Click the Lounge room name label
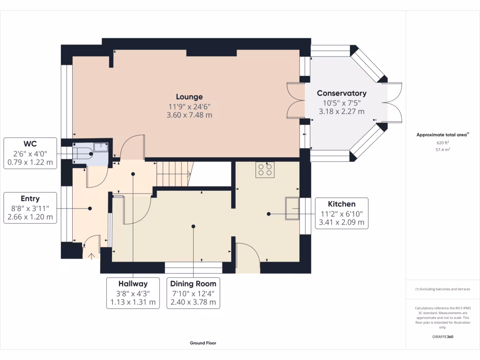coord(189,97)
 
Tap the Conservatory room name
coord(342,93)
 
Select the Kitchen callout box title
coord(342,204)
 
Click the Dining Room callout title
coord(193,284)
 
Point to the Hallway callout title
coord(133,284)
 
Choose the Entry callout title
coord(30,199)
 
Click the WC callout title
coord(30,144)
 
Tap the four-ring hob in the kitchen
coord(265,170)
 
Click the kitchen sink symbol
coord(292,209)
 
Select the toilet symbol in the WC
coord(83,153)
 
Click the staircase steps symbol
coord(174,174)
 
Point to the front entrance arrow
coord(91,256)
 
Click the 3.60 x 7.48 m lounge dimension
coord(189,115)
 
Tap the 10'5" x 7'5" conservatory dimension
coord(342,103)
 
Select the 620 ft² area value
coord(442,142)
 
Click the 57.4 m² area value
coord(442,150)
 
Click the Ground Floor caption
coord(203,343)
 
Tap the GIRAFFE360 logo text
coord(442,337)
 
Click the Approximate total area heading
coord(442,135)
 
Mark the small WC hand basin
coord(101,147)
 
